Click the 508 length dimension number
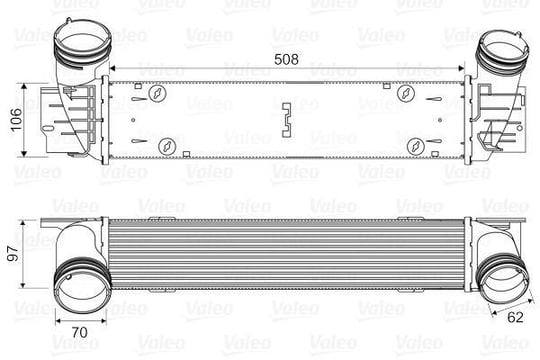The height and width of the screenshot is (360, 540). pyautogui.click(x=286, y=59)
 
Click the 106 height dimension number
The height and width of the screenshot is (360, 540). pyautogui.click(x=16, y=120)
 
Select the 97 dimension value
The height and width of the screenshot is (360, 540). pyautogui.click(x=14, y=254)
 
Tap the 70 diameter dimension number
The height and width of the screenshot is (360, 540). pyautogui.click(x=80, y=332)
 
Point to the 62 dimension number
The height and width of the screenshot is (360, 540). pyautogui.click(x=515, y=317)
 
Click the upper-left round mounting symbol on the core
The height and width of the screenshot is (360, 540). pyautogui.click(x=157, y=93)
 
